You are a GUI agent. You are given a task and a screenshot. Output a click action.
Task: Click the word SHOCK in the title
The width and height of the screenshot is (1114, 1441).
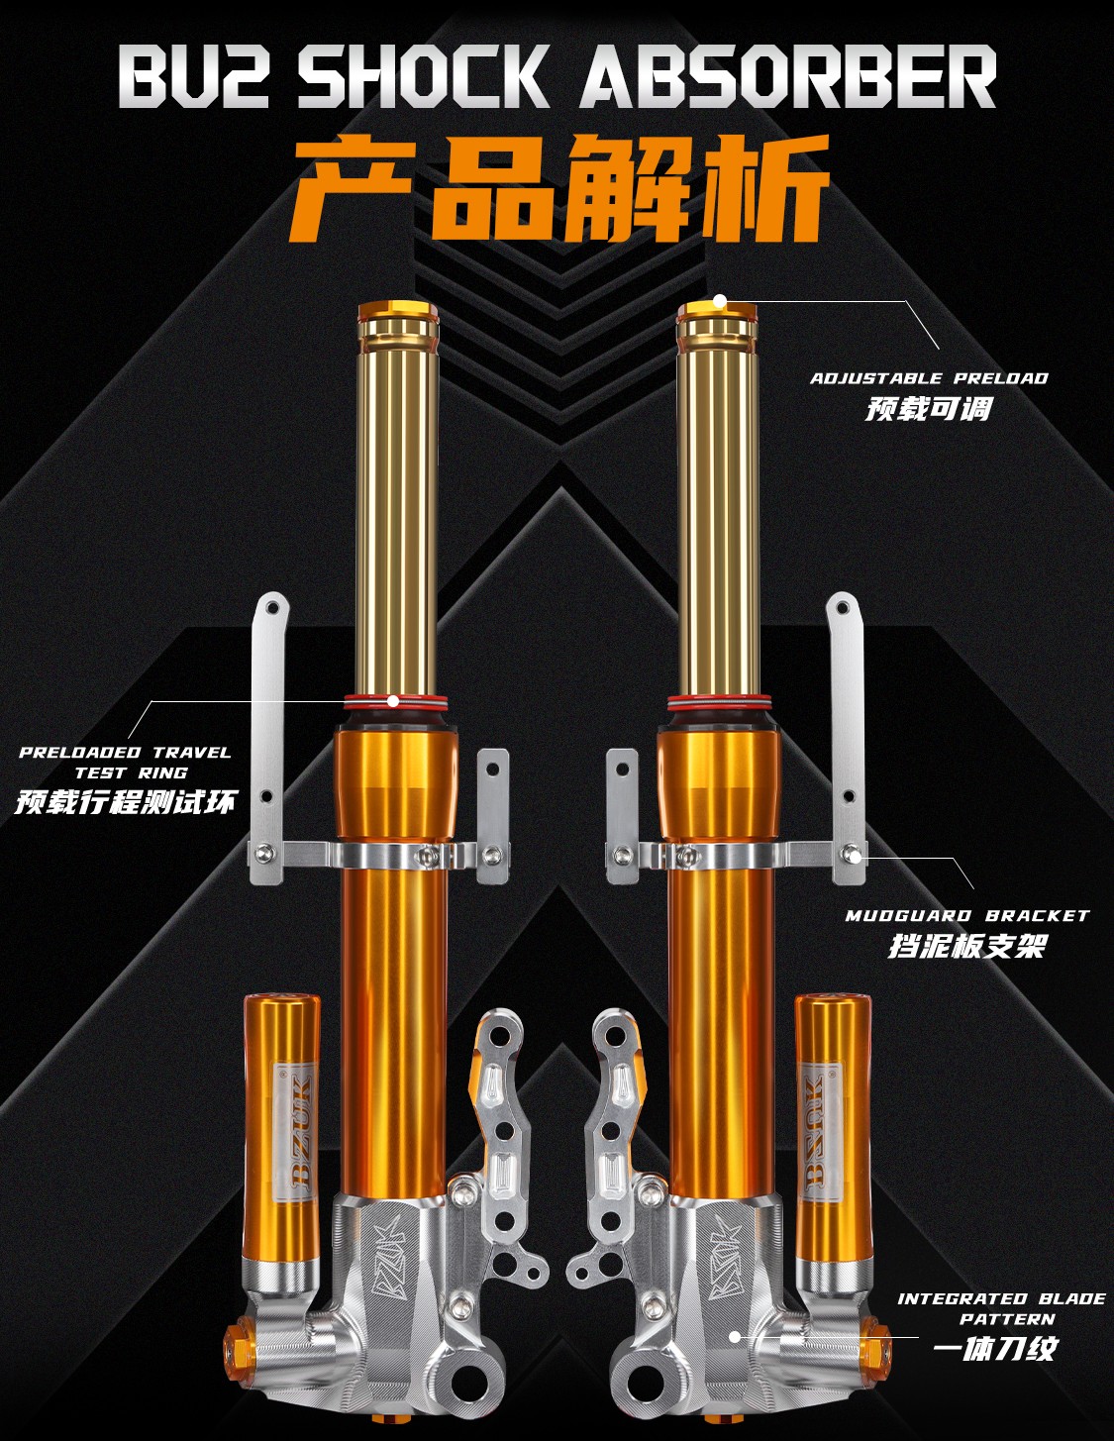[x=424, y=76]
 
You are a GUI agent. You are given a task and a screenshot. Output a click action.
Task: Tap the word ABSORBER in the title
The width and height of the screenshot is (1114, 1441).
[x=788, y=76]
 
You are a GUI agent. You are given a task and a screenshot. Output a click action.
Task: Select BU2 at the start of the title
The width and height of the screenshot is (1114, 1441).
[x=193, y=76]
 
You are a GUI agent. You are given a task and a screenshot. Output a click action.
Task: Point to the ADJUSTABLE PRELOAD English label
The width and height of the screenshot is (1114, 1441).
[x=929, y=378]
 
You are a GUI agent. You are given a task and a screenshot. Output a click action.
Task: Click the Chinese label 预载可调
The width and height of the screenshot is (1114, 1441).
[x=929, y=408]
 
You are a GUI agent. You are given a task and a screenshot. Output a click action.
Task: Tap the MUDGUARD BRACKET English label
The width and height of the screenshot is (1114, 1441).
[x=966, y=916]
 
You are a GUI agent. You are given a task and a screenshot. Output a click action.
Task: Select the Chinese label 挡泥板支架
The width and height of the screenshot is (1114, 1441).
[x=966, y=946]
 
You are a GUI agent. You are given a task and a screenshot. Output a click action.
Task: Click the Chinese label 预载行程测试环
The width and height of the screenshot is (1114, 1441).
[x=126, y=803]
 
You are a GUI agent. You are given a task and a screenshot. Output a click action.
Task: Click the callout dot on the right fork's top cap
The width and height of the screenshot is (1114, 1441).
[x=720, y=302]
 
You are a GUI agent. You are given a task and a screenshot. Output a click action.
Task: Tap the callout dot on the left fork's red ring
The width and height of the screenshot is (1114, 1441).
[x=394, y=701]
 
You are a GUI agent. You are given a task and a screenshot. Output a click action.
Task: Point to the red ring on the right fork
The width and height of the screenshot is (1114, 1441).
[x=719, y=701]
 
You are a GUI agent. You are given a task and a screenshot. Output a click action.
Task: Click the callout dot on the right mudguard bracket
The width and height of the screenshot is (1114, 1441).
[x=856, y=856]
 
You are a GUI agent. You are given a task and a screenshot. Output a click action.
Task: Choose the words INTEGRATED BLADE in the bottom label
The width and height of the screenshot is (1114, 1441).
[x=1001, y=1299]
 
